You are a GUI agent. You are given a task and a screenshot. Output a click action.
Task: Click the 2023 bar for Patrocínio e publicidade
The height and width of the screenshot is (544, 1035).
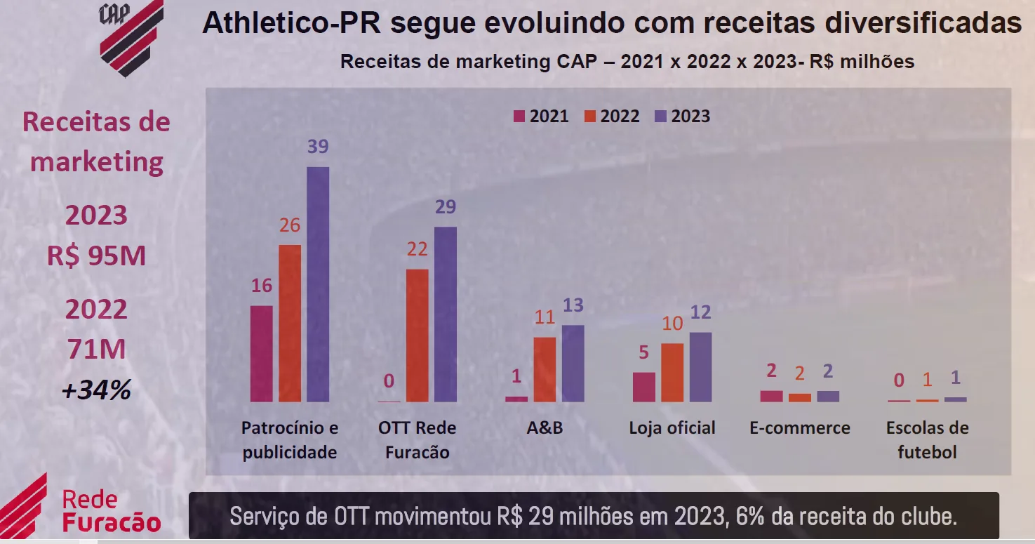pos(318,284)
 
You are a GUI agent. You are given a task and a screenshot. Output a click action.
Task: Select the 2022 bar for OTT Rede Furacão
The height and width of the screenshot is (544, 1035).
pos(417,336)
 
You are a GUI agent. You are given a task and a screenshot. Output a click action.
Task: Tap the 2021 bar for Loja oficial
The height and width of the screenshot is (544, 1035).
pos(643,387)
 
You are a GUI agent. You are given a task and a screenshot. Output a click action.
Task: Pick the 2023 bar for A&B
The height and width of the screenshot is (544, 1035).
pos(573,364)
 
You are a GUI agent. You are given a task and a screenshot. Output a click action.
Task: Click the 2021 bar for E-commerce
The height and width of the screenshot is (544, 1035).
pos(771,396)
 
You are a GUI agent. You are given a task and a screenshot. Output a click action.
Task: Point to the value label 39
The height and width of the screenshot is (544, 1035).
pos(318,147)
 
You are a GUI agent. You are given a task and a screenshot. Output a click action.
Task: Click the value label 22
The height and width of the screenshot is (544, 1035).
pos(417,249)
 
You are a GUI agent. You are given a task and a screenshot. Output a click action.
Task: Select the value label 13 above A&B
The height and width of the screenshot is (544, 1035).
pos(573,305)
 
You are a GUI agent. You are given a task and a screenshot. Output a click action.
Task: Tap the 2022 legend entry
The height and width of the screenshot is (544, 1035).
pos(612,117)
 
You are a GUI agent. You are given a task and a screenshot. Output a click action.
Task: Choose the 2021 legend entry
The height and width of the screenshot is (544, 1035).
pos(541,117)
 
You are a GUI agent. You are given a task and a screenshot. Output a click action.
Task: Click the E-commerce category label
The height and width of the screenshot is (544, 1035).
pos(799,428)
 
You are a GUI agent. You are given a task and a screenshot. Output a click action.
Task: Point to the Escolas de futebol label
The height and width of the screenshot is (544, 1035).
pos(927,440)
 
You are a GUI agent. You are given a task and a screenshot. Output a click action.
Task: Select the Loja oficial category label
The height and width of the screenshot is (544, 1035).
pos(672,428)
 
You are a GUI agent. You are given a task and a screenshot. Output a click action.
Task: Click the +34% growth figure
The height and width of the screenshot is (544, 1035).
pos(96,390)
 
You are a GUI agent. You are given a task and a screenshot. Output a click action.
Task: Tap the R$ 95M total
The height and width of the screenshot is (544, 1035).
pos(97,256)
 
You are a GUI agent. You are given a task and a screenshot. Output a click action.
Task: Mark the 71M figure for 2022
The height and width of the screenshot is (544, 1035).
pos(96,349)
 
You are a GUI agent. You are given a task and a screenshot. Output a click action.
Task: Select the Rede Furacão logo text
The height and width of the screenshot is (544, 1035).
pos(111,511)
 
